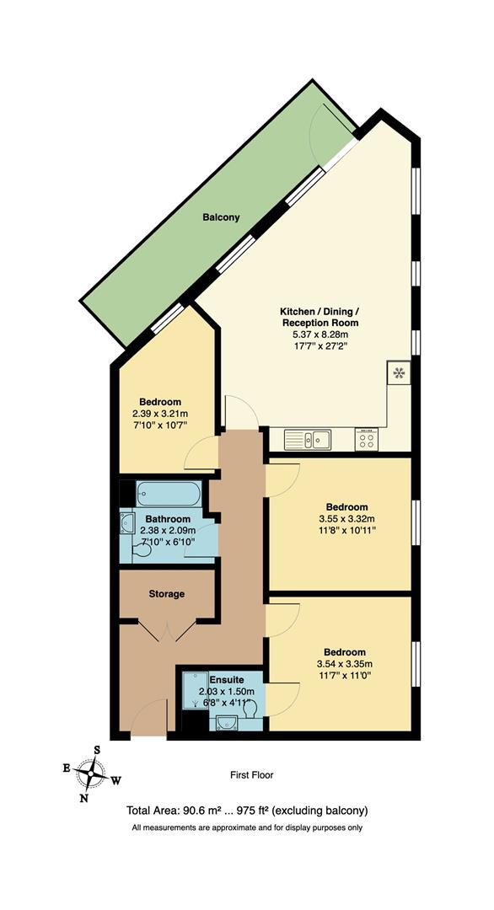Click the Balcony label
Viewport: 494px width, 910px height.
221,217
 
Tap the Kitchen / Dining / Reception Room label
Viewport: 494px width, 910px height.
319,317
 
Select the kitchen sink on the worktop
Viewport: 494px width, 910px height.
308,439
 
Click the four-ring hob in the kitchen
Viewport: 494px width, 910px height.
367,439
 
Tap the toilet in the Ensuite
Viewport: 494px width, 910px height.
249,712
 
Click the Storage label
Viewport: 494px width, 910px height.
167,594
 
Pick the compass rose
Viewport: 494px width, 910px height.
91,772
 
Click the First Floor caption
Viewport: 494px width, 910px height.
252,775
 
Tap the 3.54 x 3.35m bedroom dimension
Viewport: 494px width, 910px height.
345,664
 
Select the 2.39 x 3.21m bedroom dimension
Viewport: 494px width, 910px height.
160,414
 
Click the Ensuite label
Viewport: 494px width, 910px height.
226,678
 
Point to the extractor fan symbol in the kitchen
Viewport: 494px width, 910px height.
398,371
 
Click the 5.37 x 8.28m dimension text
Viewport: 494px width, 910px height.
319,335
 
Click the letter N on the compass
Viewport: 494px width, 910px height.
83,798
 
